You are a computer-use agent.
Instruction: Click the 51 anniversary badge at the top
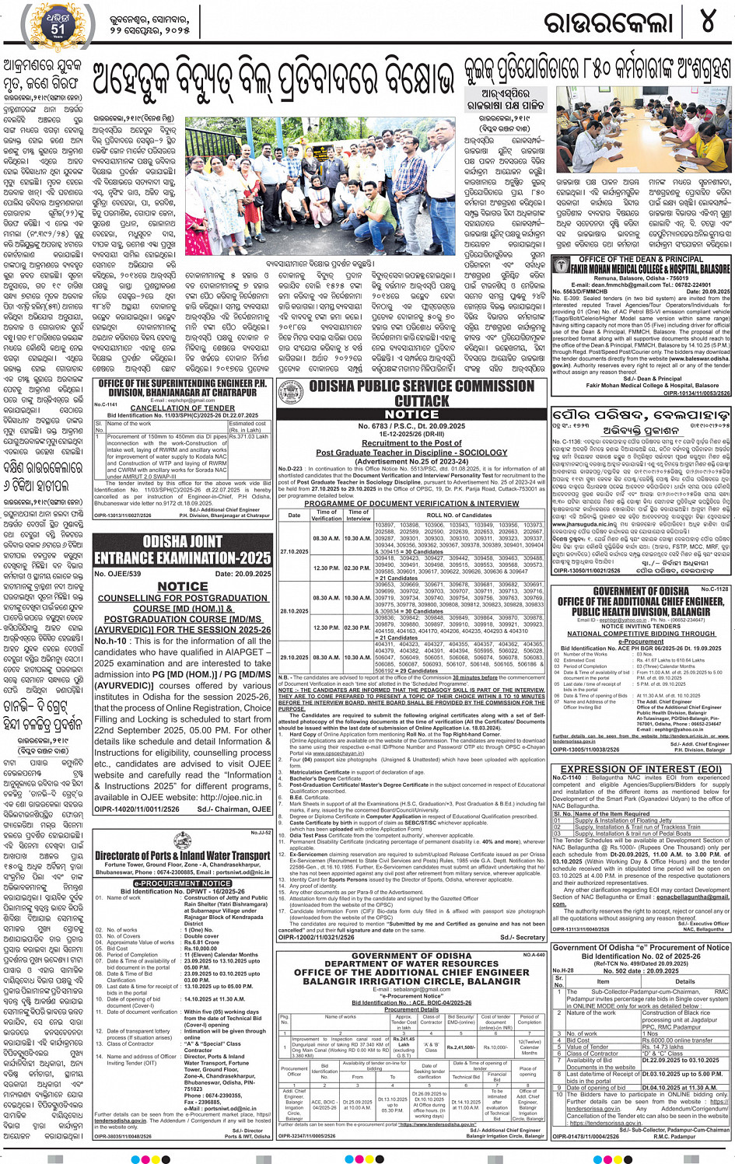click(58, 26)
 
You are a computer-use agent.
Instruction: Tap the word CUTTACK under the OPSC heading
click(422, 401)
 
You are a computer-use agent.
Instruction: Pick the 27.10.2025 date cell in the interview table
click(294, 551)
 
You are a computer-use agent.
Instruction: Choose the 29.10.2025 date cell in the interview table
click(294, 658)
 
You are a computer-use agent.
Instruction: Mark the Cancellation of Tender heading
click(183, 407)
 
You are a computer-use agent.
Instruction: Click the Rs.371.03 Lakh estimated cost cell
click(248, 437)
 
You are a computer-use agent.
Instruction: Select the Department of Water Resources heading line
click(411, 963)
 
